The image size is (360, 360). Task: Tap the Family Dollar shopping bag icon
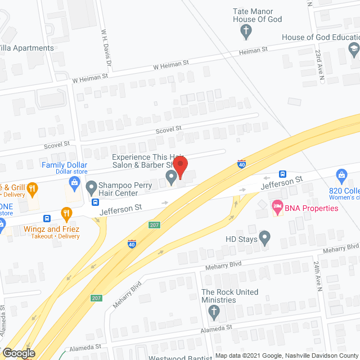click(x=74, y=182)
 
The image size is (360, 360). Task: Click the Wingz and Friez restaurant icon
click(x=66, y=213)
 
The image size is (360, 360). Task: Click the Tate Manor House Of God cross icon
click(x=245, y=31)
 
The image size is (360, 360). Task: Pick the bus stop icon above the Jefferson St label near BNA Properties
click(x=283, y=174)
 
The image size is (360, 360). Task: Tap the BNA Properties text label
click(x=311, y=208)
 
